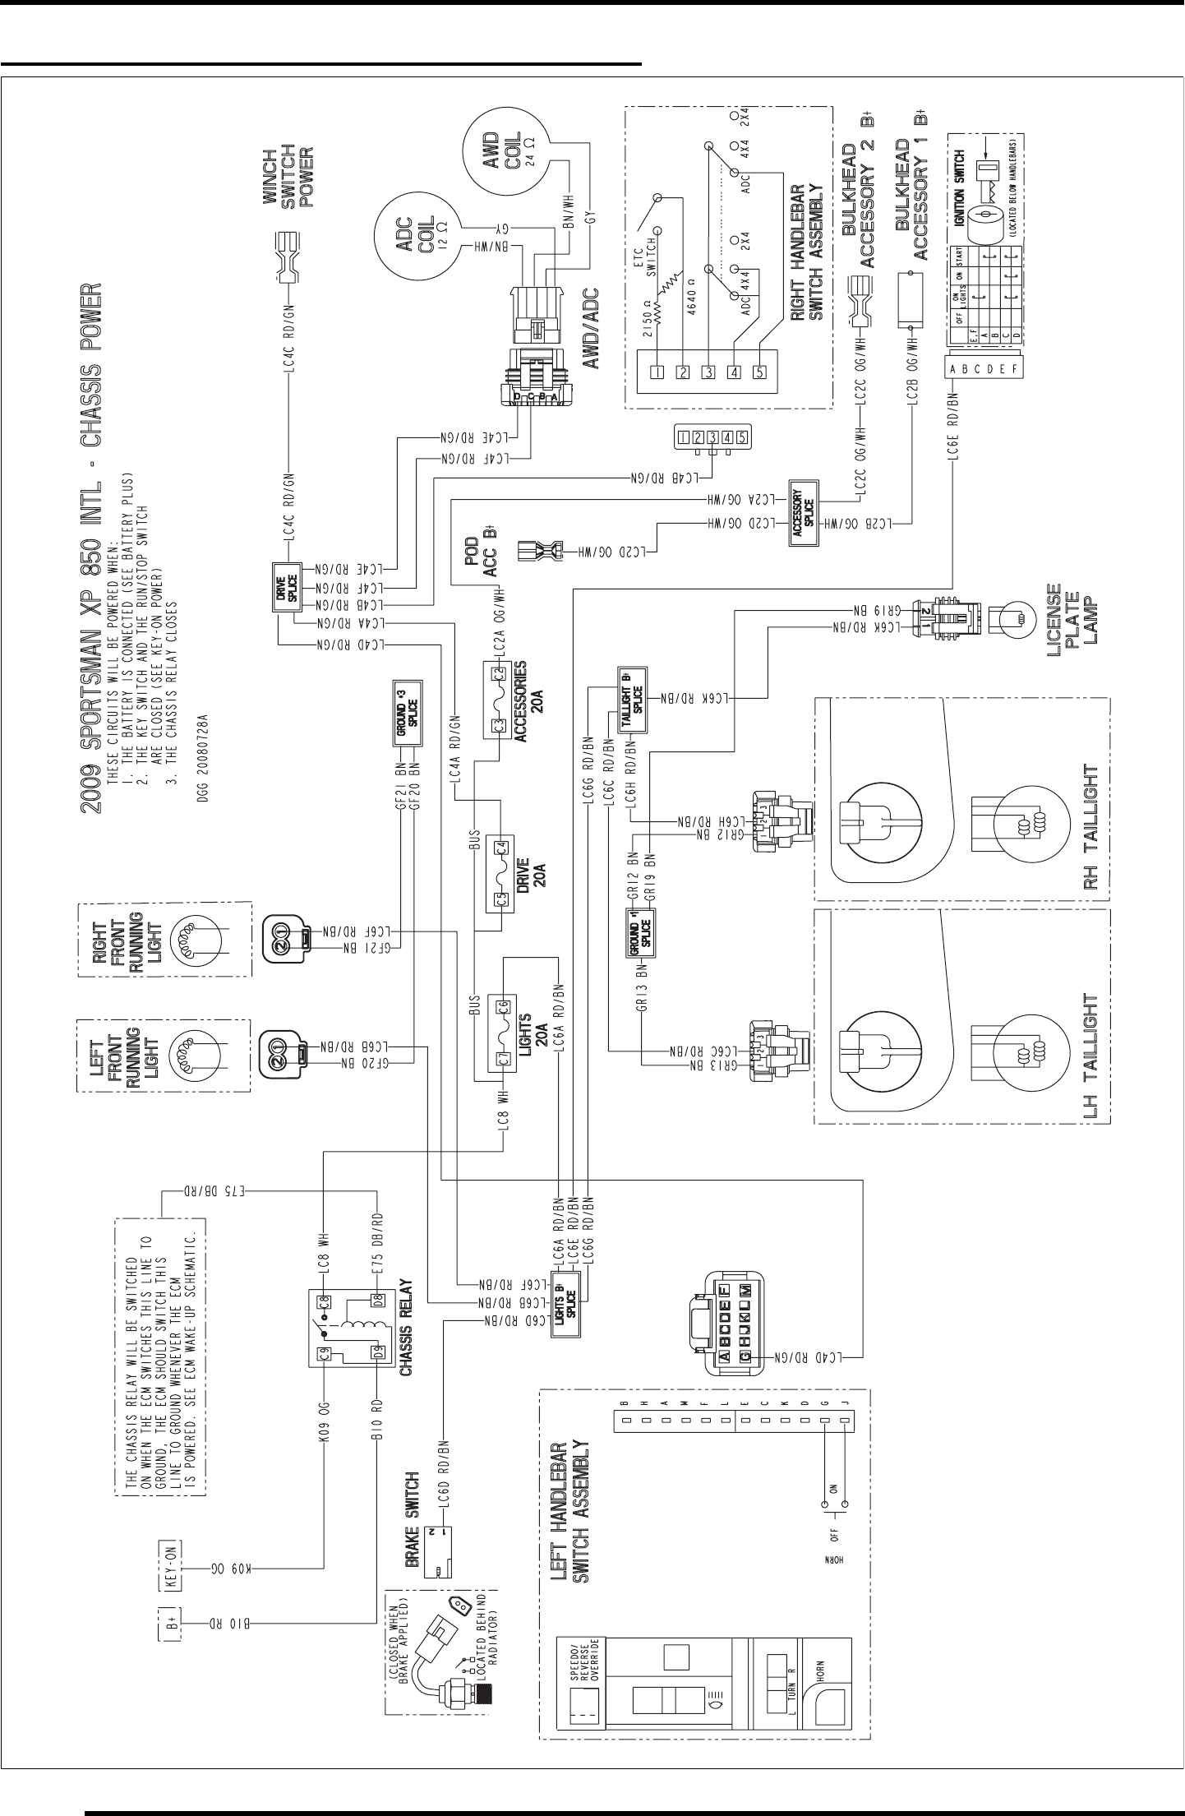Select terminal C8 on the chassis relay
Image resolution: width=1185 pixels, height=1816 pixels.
[x=324, y=1301]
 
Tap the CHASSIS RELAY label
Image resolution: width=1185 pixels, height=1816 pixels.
[x=405, y=1329]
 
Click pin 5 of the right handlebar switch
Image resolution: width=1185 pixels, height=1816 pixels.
[x=759, y=372]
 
